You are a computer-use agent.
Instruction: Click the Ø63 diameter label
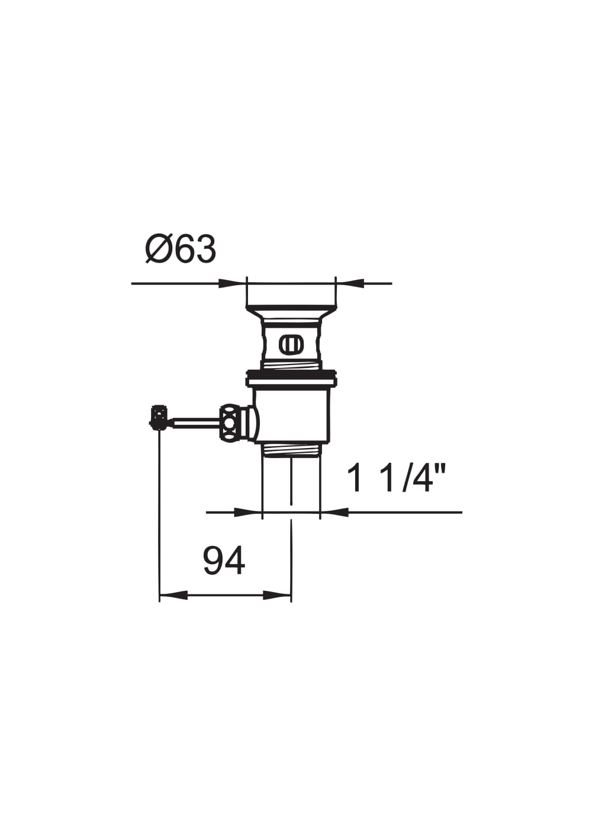[181, 250]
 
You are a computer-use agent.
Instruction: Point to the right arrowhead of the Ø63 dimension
[350, 283]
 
